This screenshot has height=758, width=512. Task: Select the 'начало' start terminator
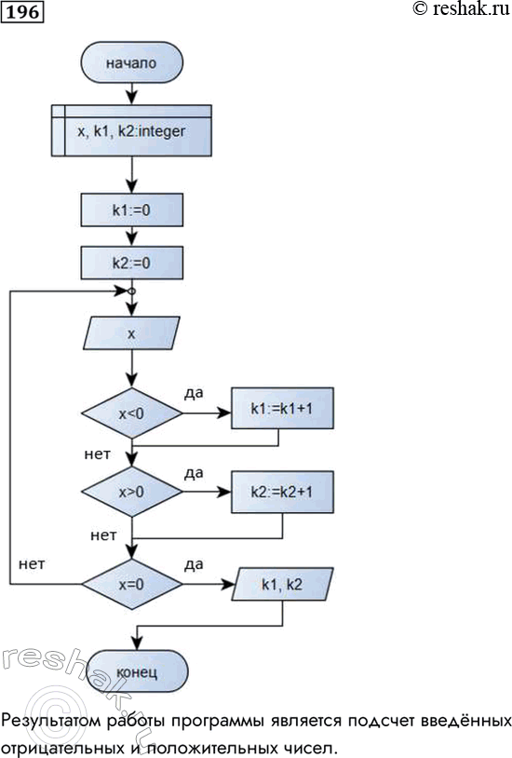pyautogui.click(x=131, y=63)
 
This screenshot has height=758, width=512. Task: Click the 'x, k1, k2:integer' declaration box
pyautogui.click(x=131, y=132)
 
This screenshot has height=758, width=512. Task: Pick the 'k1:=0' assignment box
pyautogui.click(x=131, y=210)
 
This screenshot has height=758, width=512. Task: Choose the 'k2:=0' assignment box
pyautogui.click(x=131, y=263)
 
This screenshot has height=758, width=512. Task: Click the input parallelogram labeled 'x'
pyautogui.click(x=131, y=334)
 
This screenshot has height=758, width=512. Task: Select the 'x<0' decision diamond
pyautogui.click(x=131, y=411)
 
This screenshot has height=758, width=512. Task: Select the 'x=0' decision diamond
pyautogui.click(x=131, y=585)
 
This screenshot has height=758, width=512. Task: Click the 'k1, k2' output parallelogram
pyautogui.click(x=281, y=585)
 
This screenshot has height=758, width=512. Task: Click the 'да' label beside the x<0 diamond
pyautogui.click(x=195, y=395)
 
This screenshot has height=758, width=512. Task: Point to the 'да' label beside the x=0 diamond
pyautogui.click(x=195, y=564)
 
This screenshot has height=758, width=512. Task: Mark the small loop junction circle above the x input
pyautogui.click(x=131, y=292)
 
